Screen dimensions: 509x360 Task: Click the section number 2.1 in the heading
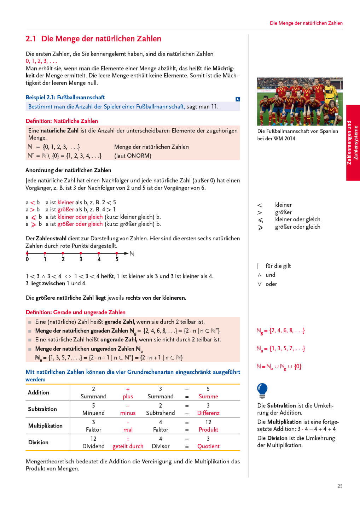(31, 39)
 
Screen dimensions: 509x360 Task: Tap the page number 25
(340, 486)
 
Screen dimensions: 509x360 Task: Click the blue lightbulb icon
(262, 390)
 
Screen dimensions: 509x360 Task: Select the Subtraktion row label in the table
(42, 409)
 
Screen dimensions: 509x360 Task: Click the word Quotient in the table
(208, 446)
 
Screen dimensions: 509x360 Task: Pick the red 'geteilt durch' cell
(128, 446)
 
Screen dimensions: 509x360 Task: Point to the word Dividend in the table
(93, 446)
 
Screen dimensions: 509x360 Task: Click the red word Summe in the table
(208, 396)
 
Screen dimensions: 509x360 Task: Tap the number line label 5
(117, 259)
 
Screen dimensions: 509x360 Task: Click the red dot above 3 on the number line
(81, 253)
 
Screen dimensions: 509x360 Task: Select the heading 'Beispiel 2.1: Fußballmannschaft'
(65, 97)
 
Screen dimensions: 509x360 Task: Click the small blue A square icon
(238, 99)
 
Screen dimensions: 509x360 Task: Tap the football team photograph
(300, 101)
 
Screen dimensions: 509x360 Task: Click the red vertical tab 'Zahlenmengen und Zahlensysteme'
(353, 142)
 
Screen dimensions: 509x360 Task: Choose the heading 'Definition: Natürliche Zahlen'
(62, 121)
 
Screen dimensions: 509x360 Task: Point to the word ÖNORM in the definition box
(139, 156)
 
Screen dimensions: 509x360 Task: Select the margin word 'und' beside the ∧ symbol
(270, 275)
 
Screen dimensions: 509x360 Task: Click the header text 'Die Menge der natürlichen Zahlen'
(306, 23)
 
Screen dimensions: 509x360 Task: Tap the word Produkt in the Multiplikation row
(208, 429)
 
